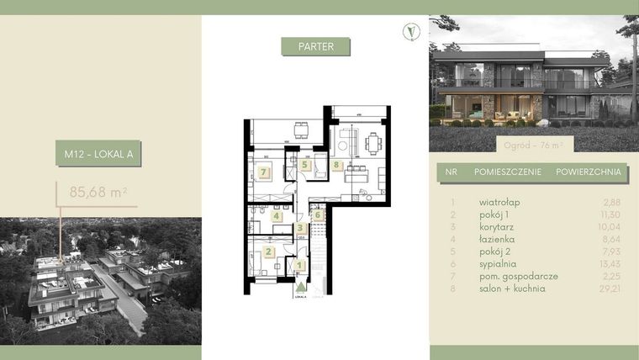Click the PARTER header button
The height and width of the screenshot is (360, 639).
[x=315, y=46]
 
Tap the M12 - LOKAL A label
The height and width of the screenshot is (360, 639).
[x=99, y=154]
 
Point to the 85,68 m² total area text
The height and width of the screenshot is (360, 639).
[x=98, y=192]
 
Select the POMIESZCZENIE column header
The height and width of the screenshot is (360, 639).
[x=504, y=174]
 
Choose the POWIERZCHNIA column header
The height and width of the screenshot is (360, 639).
[x=589, y=174]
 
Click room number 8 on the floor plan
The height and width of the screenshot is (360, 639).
[x=336, y=166]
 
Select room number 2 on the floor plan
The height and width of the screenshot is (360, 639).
[x=268, y=251]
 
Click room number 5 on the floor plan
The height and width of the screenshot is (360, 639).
[x=304, y=165]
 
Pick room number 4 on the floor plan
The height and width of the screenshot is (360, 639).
[x=277, y=215]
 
